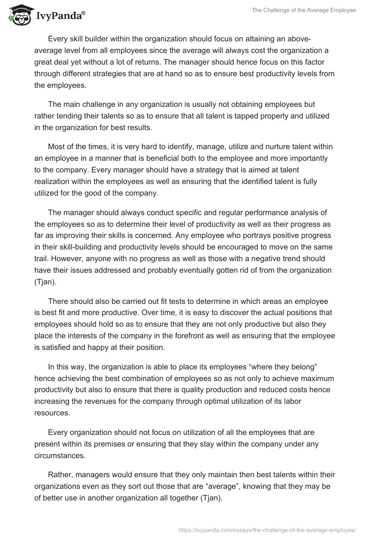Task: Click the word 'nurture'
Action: (x=269, y=147)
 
